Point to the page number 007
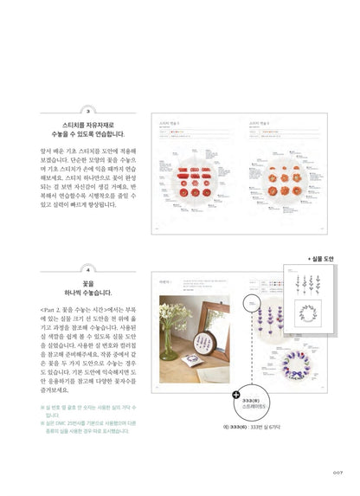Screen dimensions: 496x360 338,472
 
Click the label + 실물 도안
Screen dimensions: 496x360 325,259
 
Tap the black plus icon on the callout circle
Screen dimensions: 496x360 235,394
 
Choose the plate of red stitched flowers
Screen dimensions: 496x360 196,173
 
